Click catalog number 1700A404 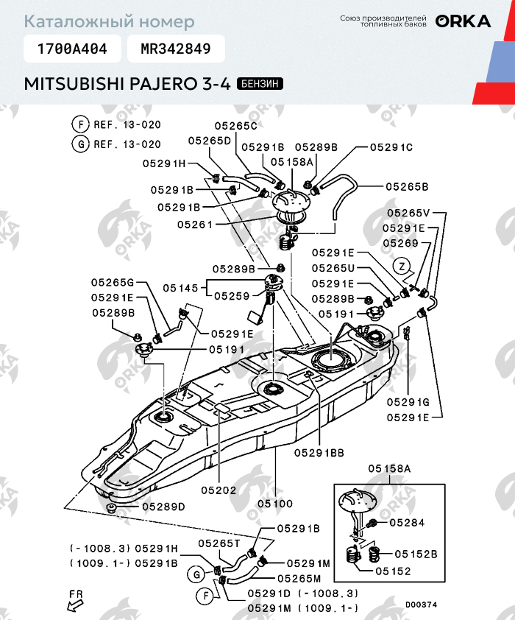click(72, 49)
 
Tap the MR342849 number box click(176, 49)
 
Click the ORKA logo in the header click(463, 21)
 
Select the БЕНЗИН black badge click(260, 84)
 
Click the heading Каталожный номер click(110, 21)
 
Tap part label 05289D click(163, 507)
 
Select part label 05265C click(236, 126)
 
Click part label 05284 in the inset click(407, 523)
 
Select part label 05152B click(416, 554)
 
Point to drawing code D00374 click(421, 605)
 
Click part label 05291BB click(319, 453)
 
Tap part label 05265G click(113, 283)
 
